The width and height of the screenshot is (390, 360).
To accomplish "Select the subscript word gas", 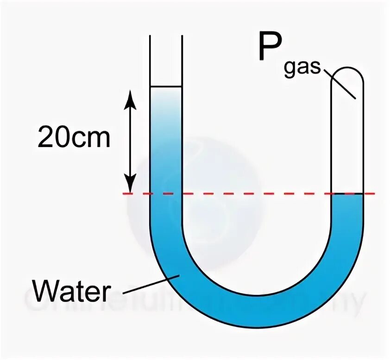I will (x=302, y=68).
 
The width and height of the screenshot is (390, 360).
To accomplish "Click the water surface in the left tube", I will (x=166, y=87).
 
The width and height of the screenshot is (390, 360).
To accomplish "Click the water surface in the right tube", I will (x=347, y=194).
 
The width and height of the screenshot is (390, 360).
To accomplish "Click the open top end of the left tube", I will (x=166, y=37).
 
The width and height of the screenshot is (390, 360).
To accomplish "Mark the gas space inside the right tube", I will (x=347, y=139).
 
